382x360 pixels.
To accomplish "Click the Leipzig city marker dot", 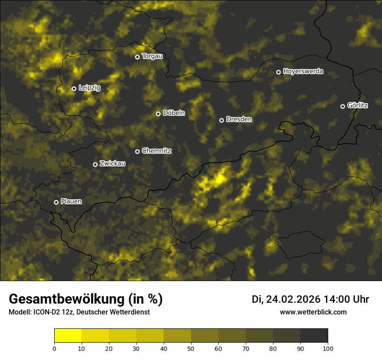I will click(x=74, y=88).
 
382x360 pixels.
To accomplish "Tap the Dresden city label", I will click(x=239, y=119).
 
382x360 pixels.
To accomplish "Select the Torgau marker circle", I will click(x=137, y=57).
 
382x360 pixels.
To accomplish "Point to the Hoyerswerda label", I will click(x=303, y=72).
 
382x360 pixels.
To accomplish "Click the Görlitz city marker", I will click(x=342, y=106).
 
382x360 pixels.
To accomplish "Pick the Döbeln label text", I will click(x=174, y=113).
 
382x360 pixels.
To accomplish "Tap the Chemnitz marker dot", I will click(x=138, y=151).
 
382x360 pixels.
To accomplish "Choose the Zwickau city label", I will click(x=112, y=164).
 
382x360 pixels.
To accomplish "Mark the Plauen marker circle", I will click(x=56, y=202).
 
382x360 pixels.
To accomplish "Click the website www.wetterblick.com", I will click(x=313, y=312).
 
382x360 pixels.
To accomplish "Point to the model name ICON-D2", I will click(x=45, y=312).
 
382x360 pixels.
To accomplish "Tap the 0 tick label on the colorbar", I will click(x=54, y=348).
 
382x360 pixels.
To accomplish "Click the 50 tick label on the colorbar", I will click(x=191, y=348).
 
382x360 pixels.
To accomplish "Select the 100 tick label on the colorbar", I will click(x=328, y=348).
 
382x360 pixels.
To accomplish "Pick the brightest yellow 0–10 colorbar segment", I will click(x=68, y=336).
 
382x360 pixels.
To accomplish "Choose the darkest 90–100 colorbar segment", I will click(x=314, y=336).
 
